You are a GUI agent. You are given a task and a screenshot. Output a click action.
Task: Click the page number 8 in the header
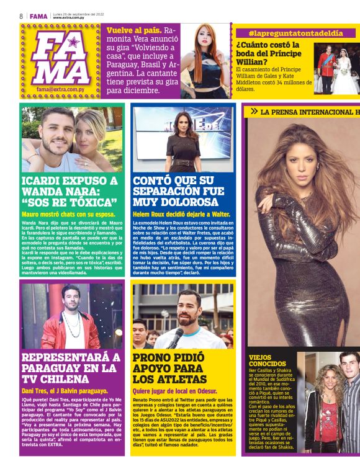pos(20,16)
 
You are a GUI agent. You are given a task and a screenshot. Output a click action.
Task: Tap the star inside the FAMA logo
pos(74,43)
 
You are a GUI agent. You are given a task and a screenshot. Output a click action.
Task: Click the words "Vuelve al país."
pos(134,30)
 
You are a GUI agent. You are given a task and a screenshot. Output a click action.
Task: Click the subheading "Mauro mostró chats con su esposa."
pos(65,213)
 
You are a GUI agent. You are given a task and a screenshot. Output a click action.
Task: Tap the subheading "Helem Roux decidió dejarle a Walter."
pos(181,214)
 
